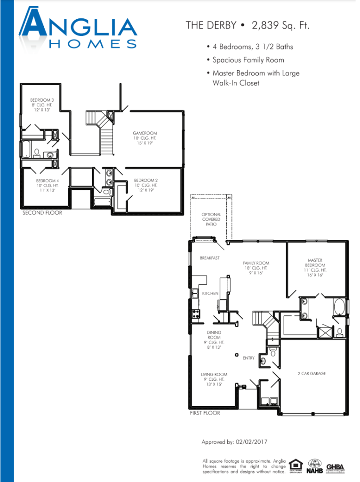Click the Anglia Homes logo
pos(78,28)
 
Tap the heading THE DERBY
pos(211,25)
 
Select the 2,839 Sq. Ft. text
pos(280,25)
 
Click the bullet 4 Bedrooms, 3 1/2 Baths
pos(250,47)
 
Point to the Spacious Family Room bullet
pos(245,60)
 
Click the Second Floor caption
pos(42,213)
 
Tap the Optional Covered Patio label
pos(211,219)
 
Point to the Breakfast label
pos(210,258)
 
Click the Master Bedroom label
pos(315,267)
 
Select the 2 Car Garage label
pos(312,373)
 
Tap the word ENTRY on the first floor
pos(249,358)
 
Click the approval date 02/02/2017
pos(251,442)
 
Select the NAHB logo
pos(314,466)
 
